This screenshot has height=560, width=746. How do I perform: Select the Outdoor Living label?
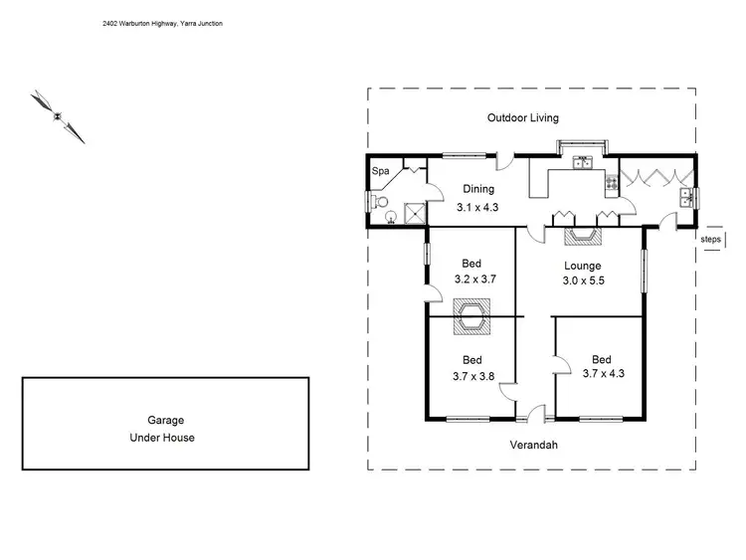[x=522, y=117]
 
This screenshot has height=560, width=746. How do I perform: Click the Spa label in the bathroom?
[x=380, y=171]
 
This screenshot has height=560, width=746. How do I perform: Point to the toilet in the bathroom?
[x=377, y=202]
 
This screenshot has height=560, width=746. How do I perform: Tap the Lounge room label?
[x=583, y=266]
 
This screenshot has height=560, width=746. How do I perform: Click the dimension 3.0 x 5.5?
[x=583, y=281]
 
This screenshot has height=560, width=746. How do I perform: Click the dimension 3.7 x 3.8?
[x=471, y=376]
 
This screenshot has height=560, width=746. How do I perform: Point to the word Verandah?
[x=533, y=445]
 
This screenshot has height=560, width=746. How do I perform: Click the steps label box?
[x=710, y=240]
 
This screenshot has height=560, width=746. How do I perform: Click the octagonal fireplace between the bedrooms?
[x=471, y=318]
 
